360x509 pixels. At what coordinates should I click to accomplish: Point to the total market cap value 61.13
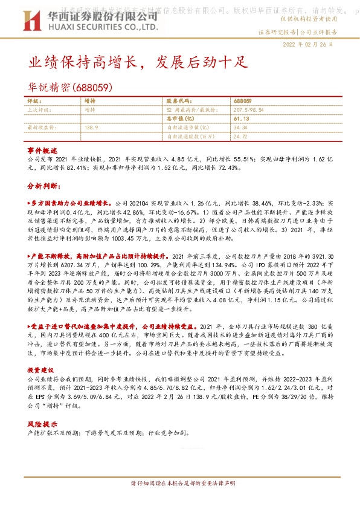[240, 119]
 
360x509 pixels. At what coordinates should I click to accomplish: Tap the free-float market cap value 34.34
[240, 128]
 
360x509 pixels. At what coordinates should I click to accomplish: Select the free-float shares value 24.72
[240, 137]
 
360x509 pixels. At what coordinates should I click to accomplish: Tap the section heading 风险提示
[42, 424]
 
